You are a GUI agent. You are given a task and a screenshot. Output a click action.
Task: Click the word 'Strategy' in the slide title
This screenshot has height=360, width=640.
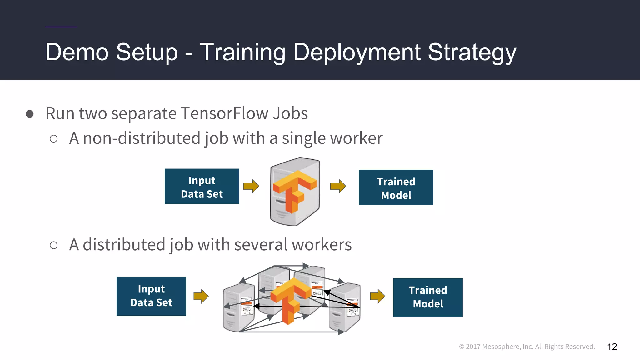pyautogui.click(x=472, y=52)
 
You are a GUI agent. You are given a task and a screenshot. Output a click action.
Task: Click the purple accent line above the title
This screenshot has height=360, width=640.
pyautogui.click(x=61, y=27)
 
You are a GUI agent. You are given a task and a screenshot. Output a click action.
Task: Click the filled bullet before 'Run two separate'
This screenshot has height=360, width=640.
pyautogui.click(x=30, y=114)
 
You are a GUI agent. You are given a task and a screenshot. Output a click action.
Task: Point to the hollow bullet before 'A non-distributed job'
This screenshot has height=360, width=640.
pyautogui.click(x=54, y=138)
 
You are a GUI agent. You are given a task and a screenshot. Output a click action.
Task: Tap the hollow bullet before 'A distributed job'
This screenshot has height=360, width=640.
pyautogui.click(x=54, y=245)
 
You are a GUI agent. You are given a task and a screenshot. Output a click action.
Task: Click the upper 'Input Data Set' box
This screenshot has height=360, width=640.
pyautogui.click(x=202, y=187)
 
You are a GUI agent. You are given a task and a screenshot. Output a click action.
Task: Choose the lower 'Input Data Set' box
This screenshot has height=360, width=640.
pyautogui.click(x=151, y=296)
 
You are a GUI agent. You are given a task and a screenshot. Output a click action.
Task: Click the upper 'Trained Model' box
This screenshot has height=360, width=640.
pyautogui.click(x=396, y=187)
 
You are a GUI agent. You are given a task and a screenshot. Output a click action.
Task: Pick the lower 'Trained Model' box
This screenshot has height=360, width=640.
pyautogui.click(x=428, y=297)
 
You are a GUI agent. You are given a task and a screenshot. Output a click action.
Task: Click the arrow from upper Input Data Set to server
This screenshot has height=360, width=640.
pyautogui.click(x=251, y=186)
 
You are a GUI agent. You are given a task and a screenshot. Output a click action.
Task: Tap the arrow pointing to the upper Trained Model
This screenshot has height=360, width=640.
pyautogui.click(x=338, y=186)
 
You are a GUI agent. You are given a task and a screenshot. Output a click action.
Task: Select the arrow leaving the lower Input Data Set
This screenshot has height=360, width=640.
pyautogui.click(x=201, y=296)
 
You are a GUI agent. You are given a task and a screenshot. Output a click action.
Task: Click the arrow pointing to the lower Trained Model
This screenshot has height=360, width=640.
pyautogui.click(x=377, y=296)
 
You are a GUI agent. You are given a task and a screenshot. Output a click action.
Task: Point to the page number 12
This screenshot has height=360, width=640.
pyautogui.click(x=612, y=347)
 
